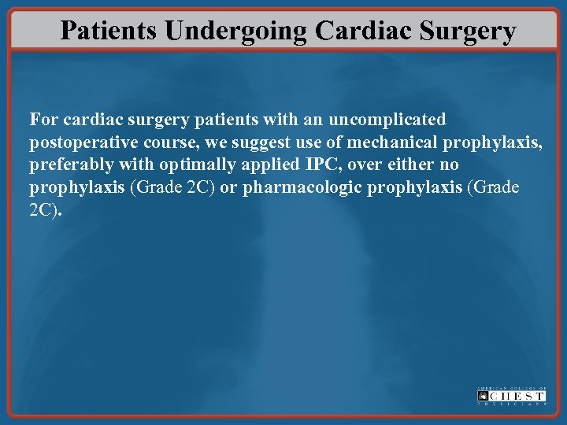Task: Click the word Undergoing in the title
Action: point(238,31)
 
